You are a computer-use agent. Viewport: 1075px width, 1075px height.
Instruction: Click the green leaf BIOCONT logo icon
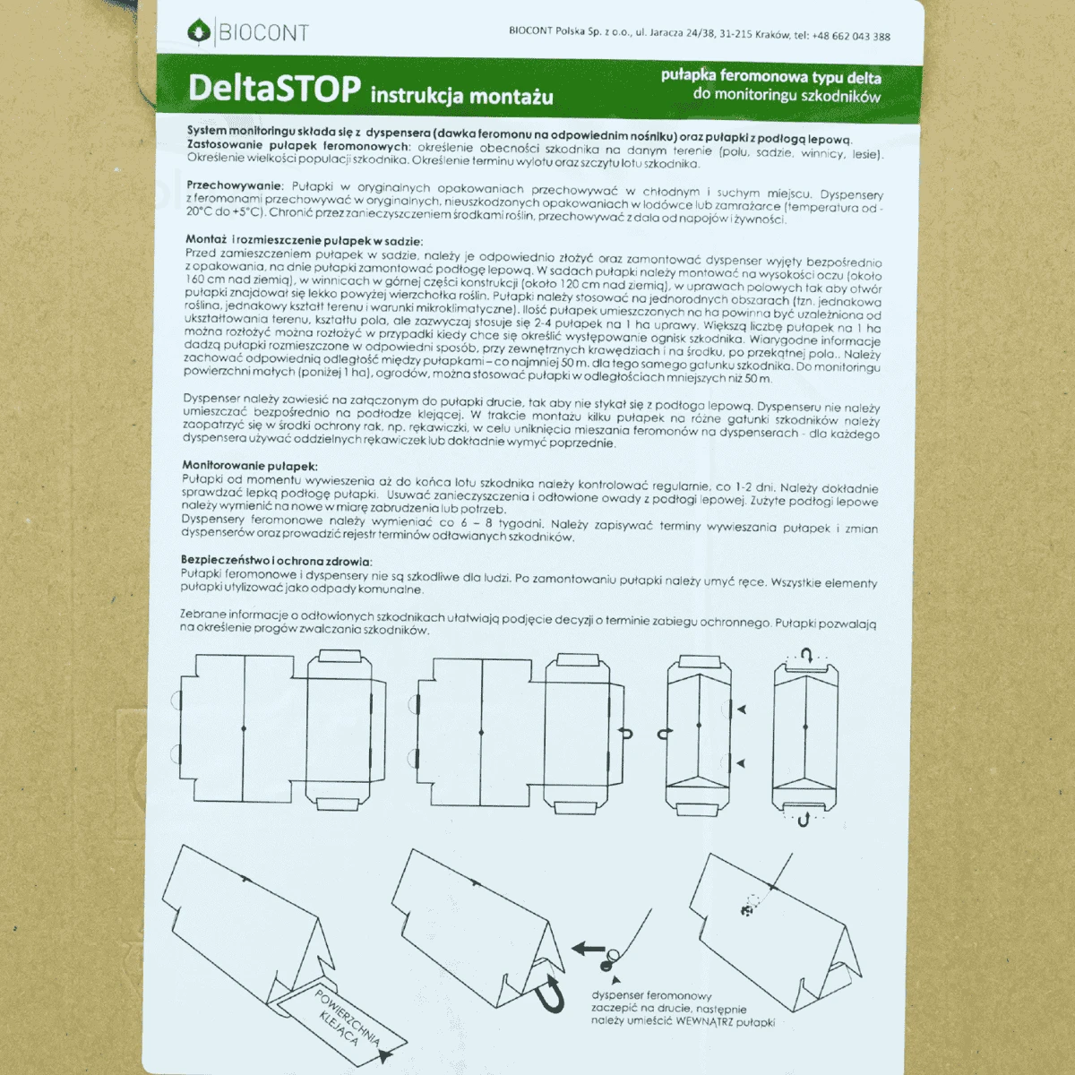(199, 30)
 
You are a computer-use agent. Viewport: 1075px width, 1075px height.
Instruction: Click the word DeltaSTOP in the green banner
(274, 88)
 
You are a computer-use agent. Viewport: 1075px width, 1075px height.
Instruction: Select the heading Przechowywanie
(235, 185)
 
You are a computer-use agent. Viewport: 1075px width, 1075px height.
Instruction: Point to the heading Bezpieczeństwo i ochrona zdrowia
(276, 560)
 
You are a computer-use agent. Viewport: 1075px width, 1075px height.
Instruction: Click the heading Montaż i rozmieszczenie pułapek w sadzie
(304, 240)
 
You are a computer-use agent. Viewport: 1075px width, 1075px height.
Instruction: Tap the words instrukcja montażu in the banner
(462, 96)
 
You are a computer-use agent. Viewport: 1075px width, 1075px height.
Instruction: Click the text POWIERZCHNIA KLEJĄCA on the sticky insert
(345, 1017)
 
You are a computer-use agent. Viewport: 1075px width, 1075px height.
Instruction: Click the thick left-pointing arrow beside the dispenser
(588, 947)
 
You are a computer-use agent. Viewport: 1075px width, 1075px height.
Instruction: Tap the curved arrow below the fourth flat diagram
(804, 819)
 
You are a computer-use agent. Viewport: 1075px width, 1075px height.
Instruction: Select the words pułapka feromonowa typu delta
(771, 76)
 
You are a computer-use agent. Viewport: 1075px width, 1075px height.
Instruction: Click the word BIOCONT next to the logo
(263, 33)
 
